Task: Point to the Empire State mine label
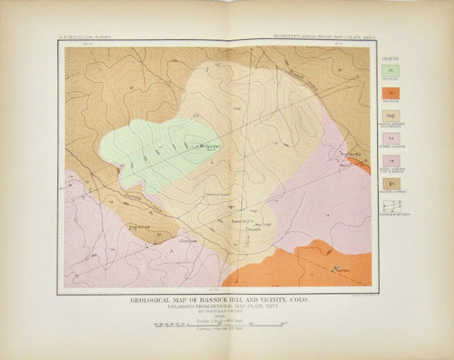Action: click(x=142, y=227)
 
